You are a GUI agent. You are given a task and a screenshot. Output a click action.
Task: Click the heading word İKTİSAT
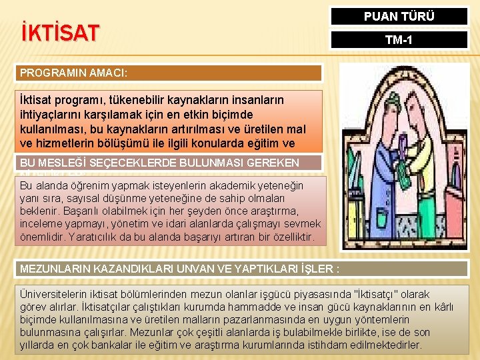pyautogui.click(x=61, y=32)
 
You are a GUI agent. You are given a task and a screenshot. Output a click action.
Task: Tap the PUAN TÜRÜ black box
pyautogui.click(x=399, y=16)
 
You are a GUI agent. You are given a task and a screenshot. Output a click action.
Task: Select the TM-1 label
pyautogui.click(x=399, y=41)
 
